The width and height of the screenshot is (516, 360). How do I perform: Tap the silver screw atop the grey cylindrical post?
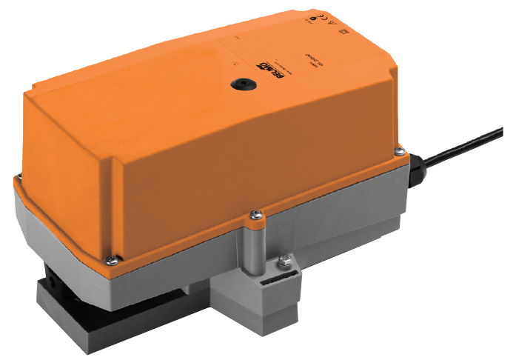255,216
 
